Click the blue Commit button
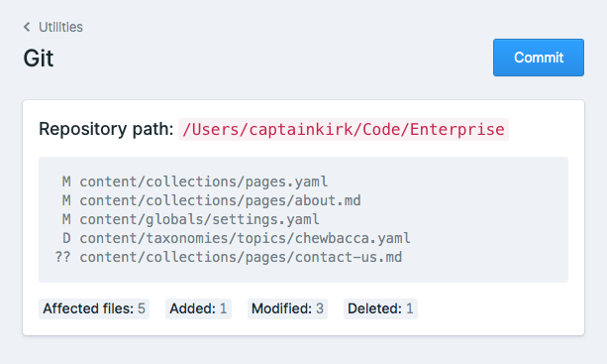539,58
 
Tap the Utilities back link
60,27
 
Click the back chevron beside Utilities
28,27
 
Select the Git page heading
39,59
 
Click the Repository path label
106,130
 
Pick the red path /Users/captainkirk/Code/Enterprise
344,130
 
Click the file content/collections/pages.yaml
203,182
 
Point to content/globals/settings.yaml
199,219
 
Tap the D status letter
66,238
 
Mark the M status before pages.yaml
66,182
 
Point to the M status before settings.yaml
66,219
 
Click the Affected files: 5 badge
94,308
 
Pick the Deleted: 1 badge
381,308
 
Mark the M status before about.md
66,200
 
